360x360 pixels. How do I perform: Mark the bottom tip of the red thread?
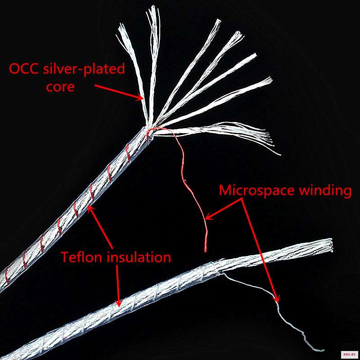point(205,250)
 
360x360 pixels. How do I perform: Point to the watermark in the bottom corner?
point(349,354)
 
